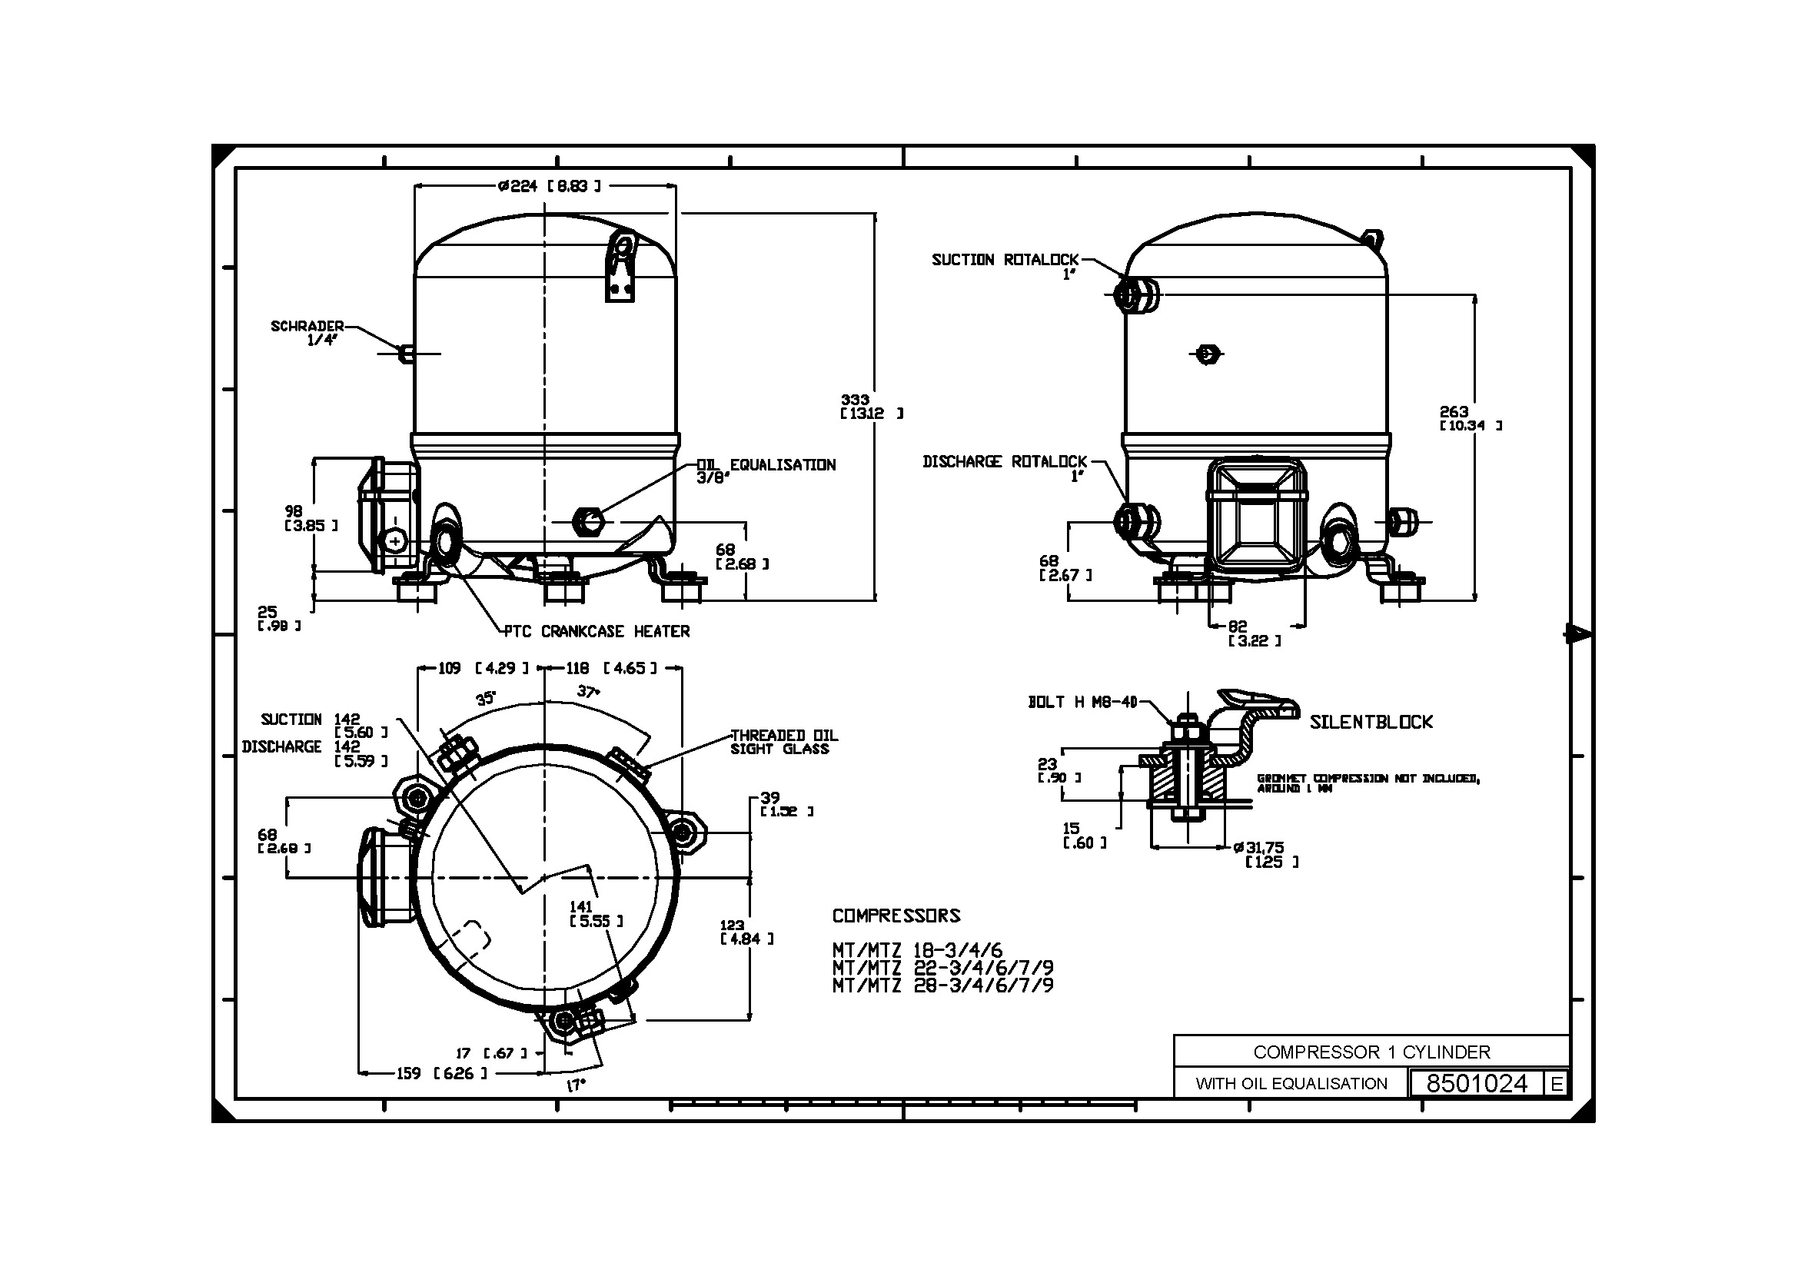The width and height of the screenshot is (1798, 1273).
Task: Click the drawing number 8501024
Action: [1477, 1083]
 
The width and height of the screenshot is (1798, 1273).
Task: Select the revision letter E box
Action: [1557, 1084]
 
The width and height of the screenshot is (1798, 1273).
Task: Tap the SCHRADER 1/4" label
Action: [307, 332]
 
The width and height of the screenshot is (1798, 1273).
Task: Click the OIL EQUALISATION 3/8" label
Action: [766, 470]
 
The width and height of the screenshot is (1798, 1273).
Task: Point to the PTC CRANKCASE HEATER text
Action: [597, 632]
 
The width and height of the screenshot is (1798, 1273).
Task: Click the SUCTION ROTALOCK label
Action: [1005, 261]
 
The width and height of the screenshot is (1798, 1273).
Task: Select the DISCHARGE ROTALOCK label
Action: [1005, 463]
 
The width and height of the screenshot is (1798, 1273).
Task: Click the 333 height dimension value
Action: [855, 400]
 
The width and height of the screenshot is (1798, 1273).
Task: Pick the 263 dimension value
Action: [1454, 412]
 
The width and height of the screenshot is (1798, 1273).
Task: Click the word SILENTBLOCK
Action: [1371, 722]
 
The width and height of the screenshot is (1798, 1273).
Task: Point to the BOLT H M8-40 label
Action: [1082, 703]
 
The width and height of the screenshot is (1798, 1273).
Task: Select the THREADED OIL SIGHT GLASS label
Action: [783, 742]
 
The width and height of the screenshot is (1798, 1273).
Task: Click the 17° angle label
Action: [576, 1085]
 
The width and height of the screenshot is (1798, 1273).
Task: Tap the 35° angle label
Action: [486, 698]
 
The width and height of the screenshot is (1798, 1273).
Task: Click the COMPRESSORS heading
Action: [896, 916]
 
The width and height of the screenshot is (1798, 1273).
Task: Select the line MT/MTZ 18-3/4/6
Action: [917, 951]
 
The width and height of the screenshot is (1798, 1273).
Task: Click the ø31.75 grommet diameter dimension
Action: [1259, 847]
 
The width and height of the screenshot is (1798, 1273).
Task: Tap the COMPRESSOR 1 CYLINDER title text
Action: [1371, 1052]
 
